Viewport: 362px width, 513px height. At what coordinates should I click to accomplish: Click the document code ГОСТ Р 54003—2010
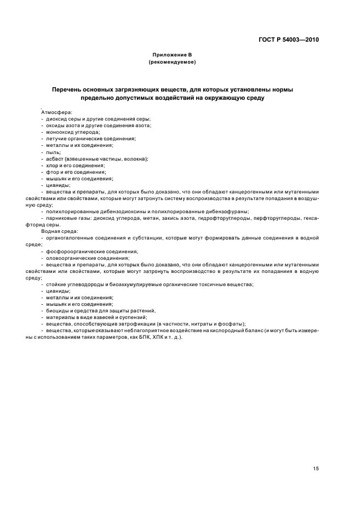[x=289, y=40]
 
